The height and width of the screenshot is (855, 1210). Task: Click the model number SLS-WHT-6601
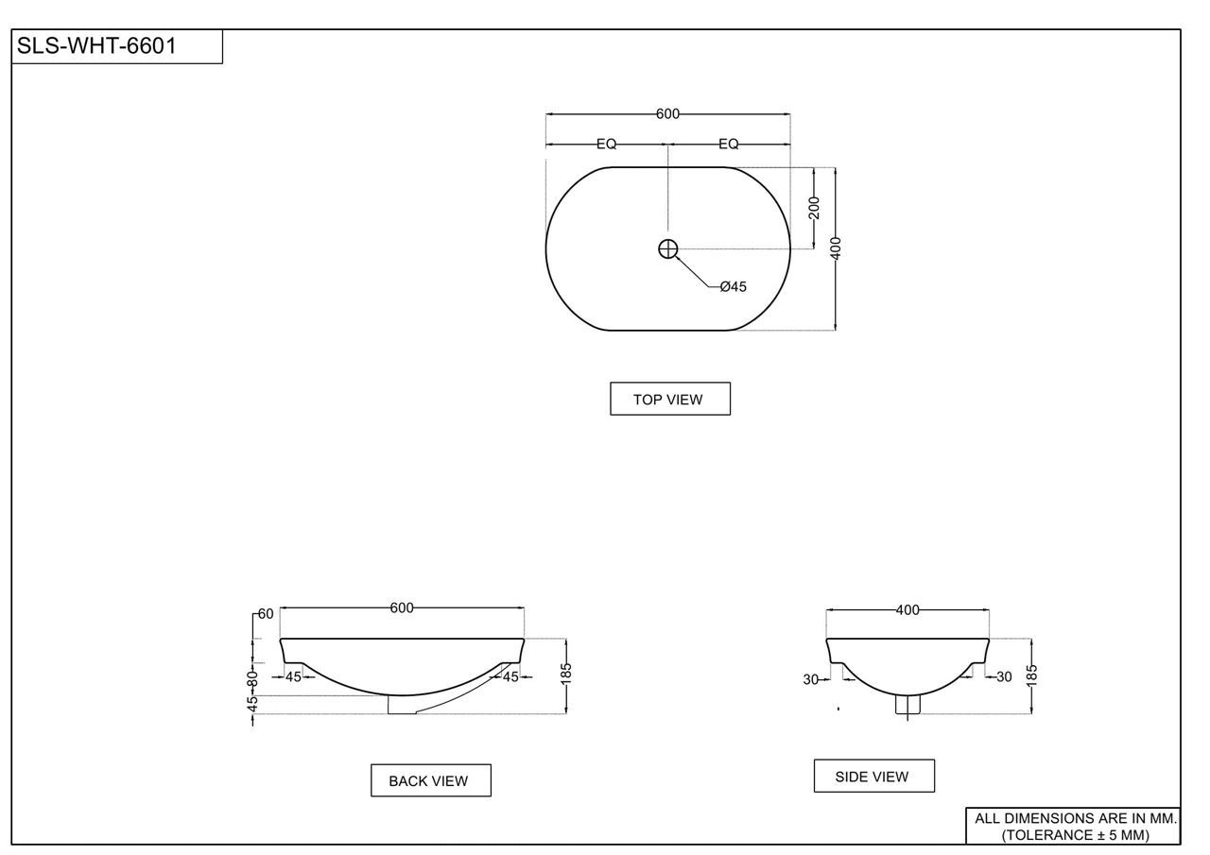(x=96, y=46)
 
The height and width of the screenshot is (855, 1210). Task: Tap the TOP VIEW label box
(x=670, y=399)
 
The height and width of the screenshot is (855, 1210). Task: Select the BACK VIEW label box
(x=430, y=780)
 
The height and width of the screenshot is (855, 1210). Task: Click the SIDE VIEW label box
(x=874, y=777)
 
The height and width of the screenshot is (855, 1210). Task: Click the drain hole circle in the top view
(x=668, y=248)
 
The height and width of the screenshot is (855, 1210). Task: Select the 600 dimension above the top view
(x=667, y=114)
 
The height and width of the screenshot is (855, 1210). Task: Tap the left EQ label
(x=606, y=145)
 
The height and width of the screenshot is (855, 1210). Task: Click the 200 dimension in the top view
(x=814, y=209)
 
